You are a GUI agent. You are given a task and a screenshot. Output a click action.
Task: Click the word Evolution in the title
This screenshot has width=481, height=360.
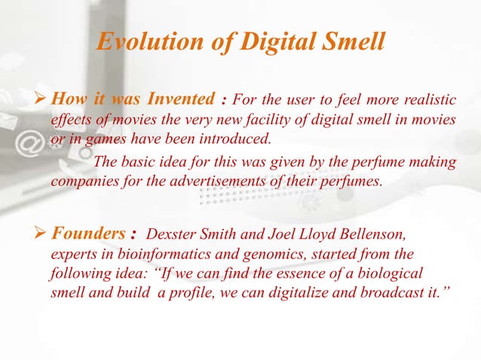click(x=142, y=45)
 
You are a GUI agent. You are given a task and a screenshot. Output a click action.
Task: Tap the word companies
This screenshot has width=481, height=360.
click(x=82, y=181)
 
